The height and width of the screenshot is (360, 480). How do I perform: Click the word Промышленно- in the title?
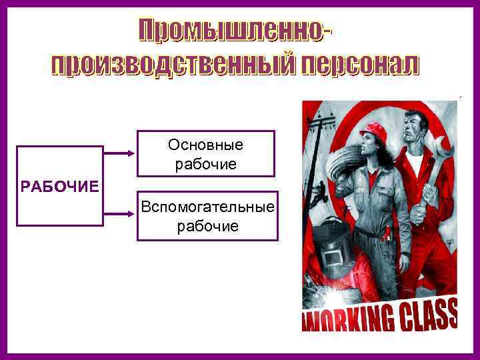tap(237, 30)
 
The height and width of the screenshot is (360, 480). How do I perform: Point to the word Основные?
tap(206, 145)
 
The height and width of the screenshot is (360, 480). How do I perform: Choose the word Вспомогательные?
tap(207, 207)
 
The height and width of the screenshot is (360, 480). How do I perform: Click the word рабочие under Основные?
tap(206, 163)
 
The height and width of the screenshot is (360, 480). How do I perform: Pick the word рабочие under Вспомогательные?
tap(207, 227)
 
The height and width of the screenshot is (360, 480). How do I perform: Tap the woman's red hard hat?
tap(376, 130)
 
